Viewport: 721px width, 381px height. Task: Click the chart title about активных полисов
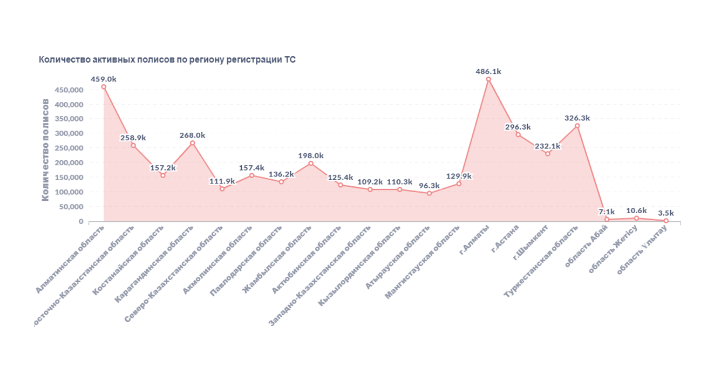tap(167, 60)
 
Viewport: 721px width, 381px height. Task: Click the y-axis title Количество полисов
tap(46, 150)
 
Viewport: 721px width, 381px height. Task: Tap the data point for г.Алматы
tap(488, 79)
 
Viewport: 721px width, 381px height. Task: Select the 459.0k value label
tap(104, 79)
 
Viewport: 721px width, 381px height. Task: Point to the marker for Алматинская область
tap(104, 87)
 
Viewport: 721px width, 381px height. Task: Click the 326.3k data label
tap(577, 118)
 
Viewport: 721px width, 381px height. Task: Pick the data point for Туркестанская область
tap(577, 126)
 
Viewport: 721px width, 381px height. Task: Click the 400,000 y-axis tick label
tap(69, 104)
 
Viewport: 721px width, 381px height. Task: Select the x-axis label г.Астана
tap(506, 238)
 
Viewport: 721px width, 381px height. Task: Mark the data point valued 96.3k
tap(429, 193)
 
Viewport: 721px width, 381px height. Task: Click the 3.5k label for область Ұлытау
tap(666, 213)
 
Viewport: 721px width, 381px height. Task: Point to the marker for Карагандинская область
tap(192, 143)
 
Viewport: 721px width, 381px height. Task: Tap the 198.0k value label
tap(311, 155)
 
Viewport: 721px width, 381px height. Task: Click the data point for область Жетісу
tap(636, 218)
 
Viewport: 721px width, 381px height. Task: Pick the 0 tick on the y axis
tap(81, 221)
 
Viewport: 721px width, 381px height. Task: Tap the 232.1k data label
tap(547, 146)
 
